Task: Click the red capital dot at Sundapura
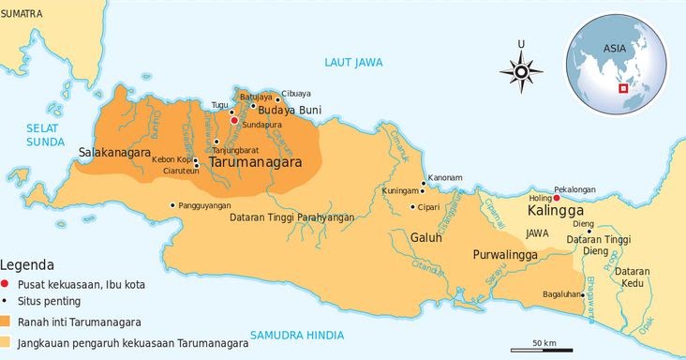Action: tap(233, 120)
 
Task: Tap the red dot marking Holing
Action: tap(557, 198)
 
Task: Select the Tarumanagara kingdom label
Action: tap(255, 162)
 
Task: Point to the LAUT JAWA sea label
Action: tap(353, 62)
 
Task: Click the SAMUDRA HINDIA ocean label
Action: tap(297, 335)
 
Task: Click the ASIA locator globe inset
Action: tap(615, 65)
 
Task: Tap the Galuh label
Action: tap(425, 237)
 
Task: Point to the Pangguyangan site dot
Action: tap(171, 205)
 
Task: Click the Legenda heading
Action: tap(27, 265)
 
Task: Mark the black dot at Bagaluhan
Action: tap(583, 295)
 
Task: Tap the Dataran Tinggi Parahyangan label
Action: tap(291, 217)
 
